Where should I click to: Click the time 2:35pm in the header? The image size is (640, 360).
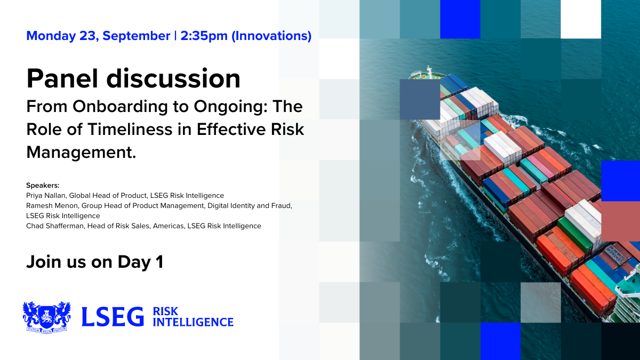click(204, 36)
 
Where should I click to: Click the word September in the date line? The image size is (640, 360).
click(137, 36)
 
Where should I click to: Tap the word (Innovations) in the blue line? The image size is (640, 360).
click(271, 36)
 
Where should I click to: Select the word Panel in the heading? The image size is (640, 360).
click(62, 78)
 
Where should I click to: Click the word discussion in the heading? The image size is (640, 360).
click(173, 78)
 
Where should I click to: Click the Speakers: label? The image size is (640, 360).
click(43, 186)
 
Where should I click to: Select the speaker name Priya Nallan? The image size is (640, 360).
click(46, 196)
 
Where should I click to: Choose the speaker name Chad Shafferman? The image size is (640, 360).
click(55, 226)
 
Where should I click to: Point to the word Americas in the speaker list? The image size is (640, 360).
click(169, 226)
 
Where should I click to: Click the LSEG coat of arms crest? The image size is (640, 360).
click(46, 317)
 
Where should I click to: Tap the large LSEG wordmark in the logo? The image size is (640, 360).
click(113, 317)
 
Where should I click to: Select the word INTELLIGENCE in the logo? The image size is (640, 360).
click(193, 322)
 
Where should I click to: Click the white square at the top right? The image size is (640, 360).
click(581, 19)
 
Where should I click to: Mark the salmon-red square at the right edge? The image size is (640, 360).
click(621, 221)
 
